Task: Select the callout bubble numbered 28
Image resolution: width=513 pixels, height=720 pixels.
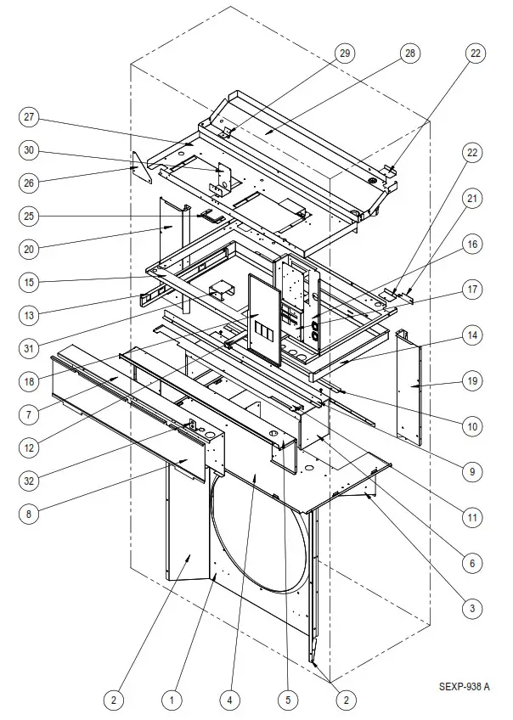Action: click(411, 53)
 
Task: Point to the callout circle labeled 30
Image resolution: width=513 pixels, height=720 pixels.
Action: click(31, 150)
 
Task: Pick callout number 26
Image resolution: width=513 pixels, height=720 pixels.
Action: click(31, 182)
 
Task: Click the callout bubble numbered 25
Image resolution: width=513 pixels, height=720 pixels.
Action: click(31, 216)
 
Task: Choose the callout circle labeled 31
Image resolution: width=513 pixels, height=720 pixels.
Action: click(31, 346)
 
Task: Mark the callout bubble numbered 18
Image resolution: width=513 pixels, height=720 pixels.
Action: click(31, 381)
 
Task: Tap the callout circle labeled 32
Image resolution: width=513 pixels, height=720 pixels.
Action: click(31, 481)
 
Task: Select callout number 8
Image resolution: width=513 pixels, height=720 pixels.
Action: click(31, 513)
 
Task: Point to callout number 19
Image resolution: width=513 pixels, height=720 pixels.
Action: click(471, 381)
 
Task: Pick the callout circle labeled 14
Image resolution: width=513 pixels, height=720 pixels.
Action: click(471, 335)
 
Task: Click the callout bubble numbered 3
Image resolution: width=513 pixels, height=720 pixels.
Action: click(471, 608)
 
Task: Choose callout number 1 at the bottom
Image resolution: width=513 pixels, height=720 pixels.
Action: click(172, 700)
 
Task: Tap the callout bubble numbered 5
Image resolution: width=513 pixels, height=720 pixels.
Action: click(288, 700)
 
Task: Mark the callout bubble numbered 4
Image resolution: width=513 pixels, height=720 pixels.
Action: click(228, 700)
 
